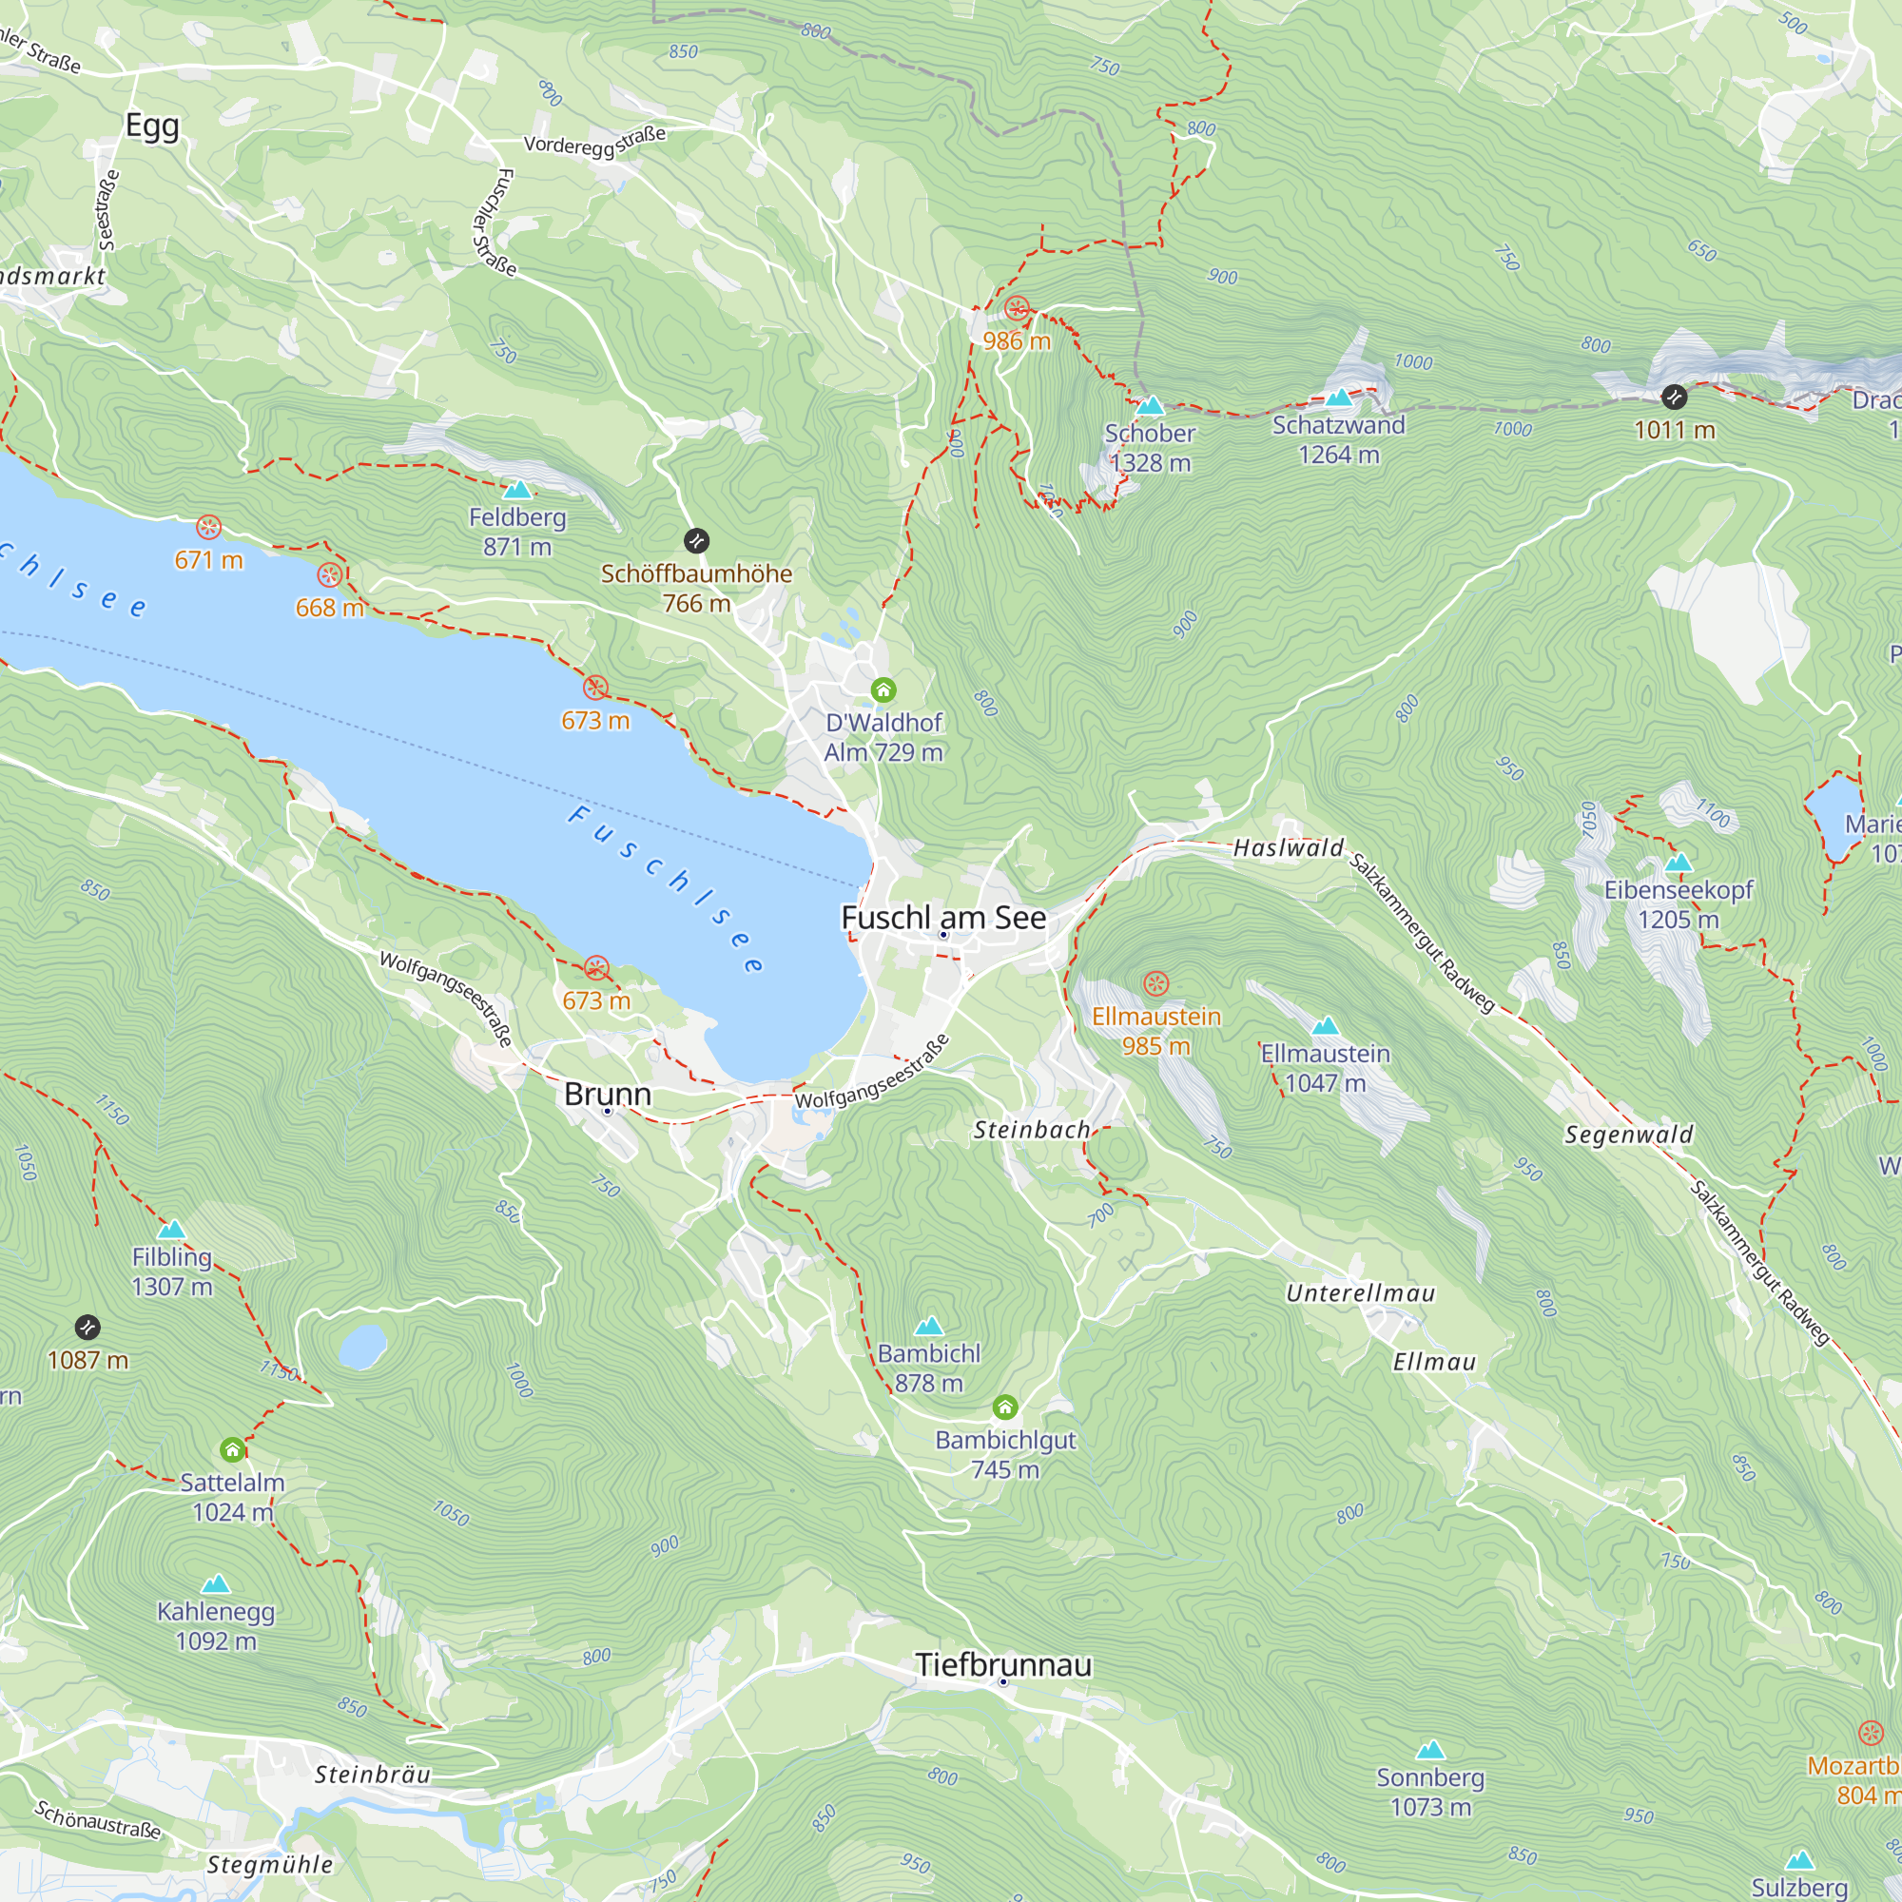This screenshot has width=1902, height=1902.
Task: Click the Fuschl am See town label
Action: (x=943, y=918)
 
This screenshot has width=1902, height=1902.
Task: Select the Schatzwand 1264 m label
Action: (x=1338, y=439)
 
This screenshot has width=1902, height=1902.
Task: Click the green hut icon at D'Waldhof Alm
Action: (x=883, y=690)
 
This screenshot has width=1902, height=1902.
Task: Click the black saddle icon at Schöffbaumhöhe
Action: (x=696, y=540)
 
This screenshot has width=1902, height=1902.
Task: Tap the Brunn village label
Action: (x=608, y=1094)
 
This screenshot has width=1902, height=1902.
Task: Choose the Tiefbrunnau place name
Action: (x=1003, y=1665)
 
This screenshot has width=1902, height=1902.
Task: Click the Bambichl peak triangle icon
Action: (x=928, y=1327)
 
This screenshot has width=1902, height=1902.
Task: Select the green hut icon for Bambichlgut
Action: (x=1004, y=1406)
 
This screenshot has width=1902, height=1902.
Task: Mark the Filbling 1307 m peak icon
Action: (x=172, y=1230)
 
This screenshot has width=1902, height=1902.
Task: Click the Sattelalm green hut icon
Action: (x=232, y=1449)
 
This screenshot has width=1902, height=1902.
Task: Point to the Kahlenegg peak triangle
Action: (x=216, y=1584)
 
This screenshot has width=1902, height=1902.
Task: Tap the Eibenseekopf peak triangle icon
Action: (x=1679, y=864)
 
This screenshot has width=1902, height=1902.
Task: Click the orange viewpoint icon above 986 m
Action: (x=1017, y=309)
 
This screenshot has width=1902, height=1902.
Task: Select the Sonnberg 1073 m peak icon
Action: (x=1430, y=1750)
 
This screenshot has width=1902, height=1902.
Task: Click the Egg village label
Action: (x=152, y=126)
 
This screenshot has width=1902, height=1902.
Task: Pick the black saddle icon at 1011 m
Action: (x=1674, y=398)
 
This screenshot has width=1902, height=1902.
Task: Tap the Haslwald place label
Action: (x=1288, y=847)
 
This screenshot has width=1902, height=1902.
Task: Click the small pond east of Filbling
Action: (x=362, y=1346)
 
